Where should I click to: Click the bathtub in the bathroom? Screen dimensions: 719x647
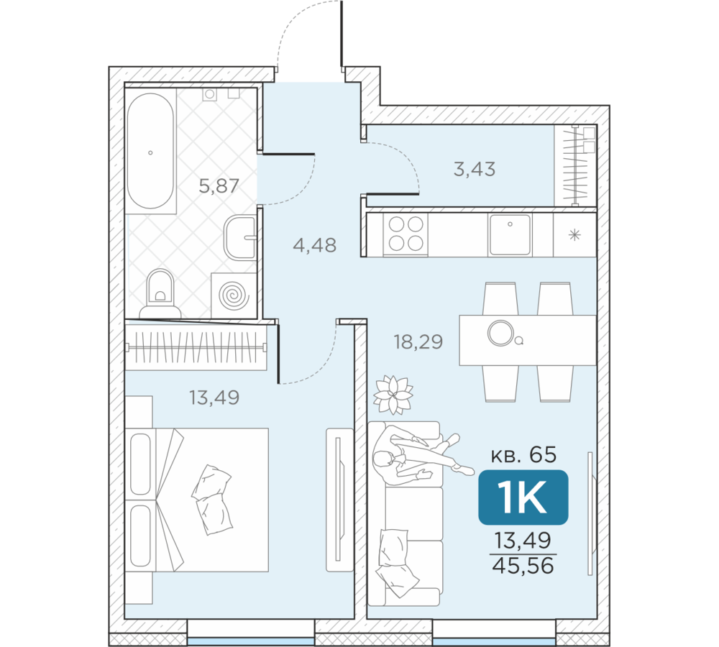150,151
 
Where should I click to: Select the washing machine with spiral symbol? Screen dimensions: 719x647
234,295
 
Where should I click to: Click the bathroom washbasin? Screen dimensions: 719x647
240,237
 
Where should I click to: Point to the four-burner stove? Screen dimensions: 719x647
406,234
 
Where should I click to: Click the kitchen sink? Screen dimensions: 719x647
510,234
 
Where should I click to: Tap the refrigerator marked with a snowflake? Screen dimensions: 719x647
574,234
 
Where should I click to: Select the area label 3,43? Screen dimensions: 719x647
475,169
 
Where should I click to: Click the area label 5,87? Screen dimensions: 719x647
219,185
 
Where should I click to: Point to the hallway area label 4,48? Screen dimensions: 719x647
315,245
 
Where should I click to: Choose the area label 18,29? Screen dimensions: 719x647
418,341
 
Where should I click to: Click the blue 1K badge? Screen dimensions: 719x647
523,497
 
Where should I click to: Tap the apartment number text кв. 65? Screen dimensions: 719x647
523,455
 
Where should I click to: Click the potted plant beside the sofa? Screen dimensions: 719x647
393,395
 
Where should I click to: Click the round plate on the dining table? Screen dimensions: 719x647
500,333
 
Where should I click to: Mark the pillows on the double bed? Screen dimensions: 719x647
212,500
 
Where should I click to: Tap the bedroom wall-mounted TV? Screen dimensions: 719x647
339,500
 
